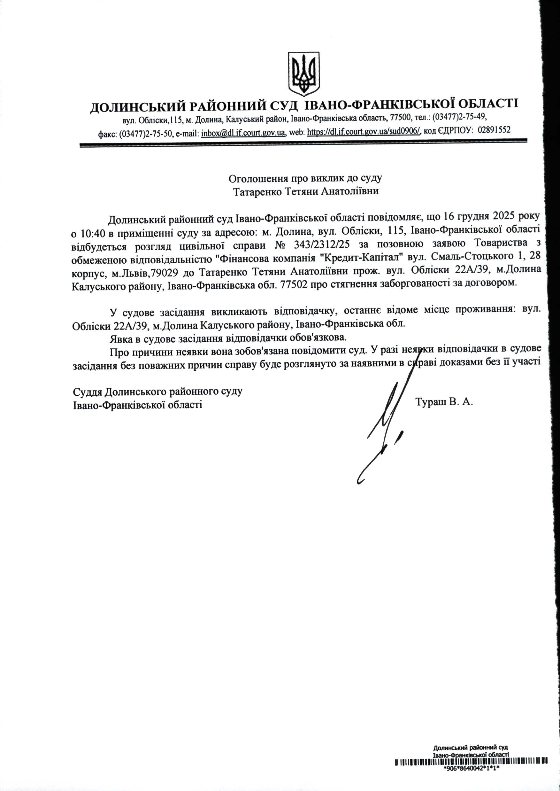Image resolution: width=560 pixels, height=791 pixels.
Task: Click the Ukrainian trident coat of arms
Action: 304,74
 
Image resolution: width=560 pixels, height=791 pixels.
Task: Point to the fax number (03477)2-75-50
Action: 146,134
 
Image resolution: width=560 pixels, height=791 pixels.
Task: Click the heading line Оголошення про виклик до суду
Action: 305,179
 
